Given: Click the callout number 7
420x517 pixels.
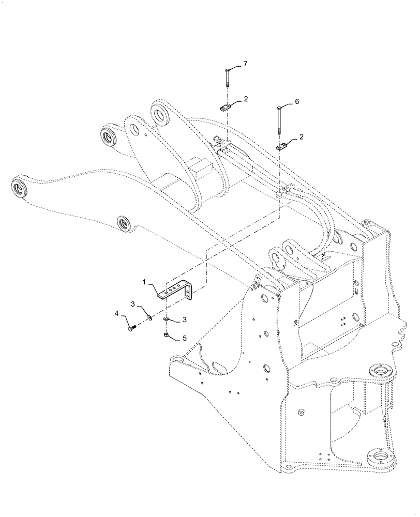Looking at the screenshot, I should tap(245, 64).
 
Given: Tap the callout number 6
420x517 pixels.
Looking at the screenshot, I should tap(297, 102).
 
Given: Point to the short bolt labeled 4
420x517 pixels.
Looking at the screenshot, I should tap(130, 327).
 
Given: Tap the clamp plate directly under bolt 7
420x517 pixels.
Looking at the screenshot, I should tap(223, 107).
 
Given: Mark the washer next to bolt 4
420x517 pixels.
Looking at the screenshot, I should tap(148, 317).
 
